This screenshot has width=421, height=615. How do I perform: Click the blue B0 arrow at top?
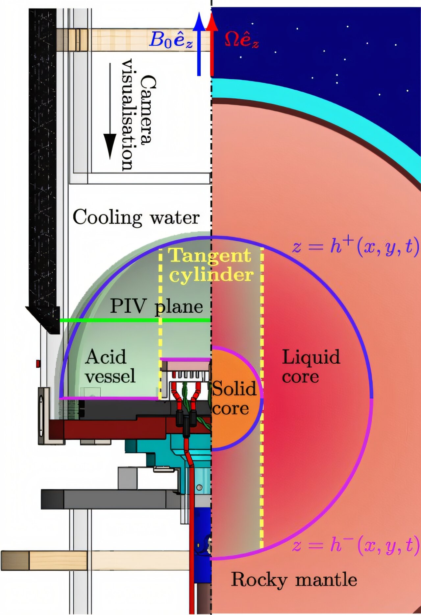pyautogui.click(x=199, y=46)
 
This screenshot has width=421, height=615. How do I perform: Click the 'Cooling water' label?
pyautogui.click(x=136, y=217)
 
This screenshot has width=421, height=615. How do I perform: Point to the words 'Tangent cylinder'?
pyautogui.click(x=210, y=265)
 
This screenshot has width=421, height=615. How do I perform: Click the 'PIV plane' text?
pyautogui.click(x=156, y=306)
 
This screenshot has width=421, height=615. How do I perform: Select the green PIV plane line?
pyautogui.click(x=135, y=320)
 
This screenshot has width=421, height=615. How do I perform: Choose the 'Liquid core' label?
pyautogui.click(x=311, y=366)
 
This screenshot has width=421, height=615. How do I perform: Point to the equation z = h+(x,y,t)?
pyautogui.click(x=355, y=246)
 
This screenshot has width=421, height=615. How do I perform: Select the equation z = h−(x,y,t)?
pyautogui.click(x=355, y=545)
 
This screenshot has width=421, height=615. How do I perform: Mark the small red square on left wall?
pyautogui.click(x=38, y=364)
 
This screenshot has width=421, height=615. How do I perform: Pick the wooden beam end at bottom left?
pyautogui.click(x=15, y=560)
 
